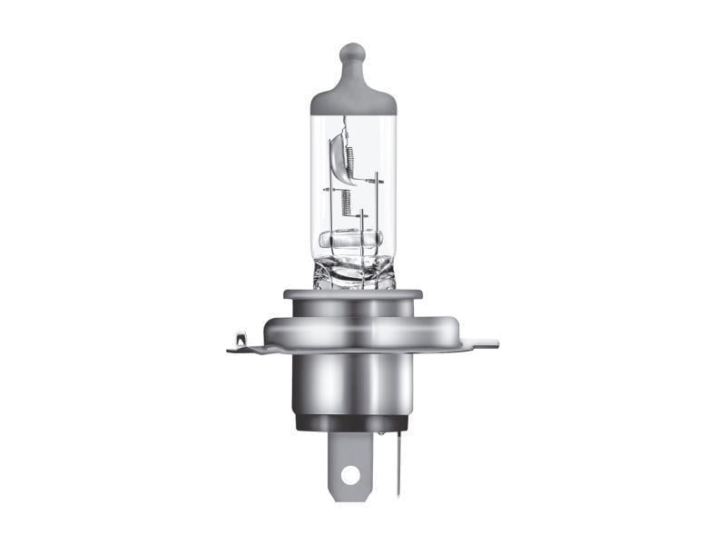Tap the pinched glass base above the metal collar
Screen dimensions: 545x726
354,272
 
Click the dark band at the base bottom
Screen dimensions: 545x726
353,423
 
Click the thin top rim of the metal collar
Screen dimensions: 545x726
353,294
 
